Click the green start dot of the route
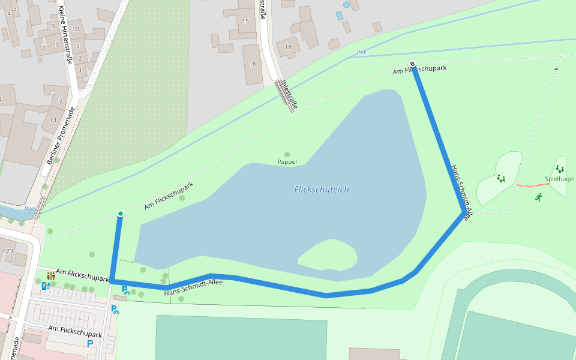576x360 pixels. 121,214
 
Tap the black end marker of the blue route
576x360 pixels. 412,64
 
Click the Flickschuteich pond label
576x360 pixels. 322,190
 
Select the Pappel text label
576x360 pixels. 287,162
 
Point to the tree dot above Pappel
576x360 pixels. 287,155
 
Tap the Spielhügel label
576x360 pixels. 559,179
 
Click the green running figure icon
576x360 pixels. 539,197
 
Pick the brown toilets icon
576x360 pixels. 51,276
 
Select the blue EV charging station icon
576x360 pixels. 45,286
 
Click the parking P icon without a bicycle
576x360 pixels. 90,344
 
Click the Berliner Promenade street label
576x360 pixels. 62,136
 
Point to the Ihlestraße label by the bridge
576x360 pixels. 289,94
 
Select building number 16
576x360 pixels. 253,64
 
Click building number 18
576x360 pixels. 288,47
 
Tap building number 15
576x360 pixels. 245,21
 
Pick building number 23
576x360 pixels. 9,251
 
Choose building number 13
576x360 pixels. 53,119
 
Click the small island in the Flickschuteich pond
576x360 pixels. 328,255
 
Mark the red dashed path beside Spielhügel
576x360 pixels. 532,185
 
